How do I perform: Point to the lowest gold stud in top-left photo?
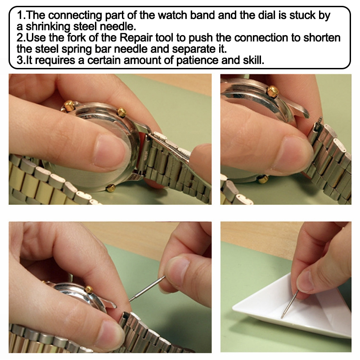110,188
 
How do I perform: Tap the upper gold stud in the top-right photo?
273,91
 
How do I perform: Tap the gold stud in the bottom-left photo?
89,289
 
